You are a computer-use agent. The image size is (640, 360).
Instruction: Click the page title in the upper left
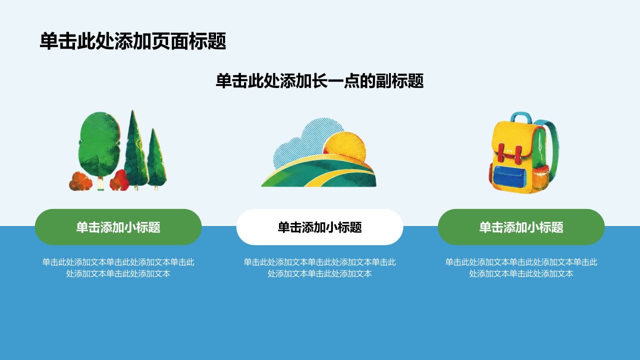point(133,41)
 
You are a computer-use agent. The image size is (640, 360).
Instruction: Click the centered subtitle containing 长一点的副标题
point(319,81)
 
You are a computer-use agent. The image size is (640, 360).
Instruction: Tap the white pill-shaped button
point(319,227)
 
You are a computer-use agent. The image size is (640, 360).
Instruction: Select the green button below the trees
point(118,227)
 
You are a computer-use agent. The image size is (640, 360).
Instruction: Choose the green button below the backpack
point(521,227)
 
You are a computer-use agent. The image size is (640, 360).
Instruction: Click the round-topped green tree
point(99,145)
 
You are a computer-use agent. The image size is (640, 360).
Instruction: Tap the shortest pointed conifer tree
point(156,158)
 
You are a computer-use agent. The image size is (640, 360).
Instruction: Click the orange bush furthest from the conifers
point(80,181)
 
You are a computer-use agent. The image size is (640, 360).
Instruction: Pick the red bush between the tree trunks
point(119,180)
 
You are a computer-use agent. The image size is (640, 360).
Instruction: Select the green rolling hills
point(319,171)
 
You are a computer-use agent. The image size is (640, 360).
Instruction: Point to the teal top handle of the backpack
point(521,116)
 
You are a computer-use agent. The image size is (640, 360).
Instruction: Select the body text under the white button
point(319,267)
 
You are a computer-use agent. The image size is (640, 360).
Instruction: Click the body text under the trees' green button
point(118,267)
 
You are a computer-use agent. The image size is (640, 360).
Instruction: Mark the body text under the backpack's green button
point(521,267)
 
